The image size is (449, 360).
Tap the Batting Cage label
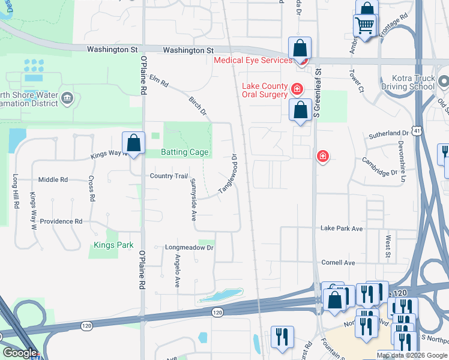click(x=185, y=152)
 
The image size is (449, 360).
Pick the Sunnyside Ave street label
click(x=193, y=200)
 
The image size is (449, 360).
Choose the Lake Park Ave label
click(x=342, y=229)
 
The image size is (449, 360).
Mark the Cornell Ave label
click(x=339, y=263)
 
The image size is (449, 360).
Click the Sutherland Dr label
click(x=388, y=133)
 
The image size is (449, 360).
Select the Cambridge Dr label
click(x=379, y=166)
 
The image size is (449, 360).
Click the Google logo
click(x=20, y=353)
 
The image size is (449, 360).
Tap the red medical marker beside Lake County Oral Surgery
click(x=296, y=89)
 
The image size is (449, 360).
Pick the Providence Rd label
click(x=61, y=221)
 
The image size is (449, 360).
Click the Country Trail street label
click(x=169, y=176)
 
